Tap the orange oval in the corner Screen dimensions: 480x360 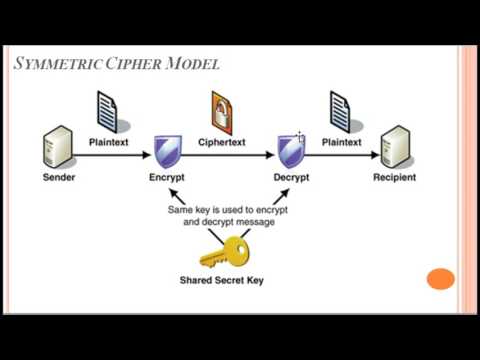coord(440,279)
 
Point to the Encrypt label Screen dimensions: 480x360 coord(167,177)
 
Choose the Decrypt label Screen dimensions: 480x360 coord(291,177)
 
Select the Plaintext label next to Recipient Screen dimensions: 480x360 coord(343,142)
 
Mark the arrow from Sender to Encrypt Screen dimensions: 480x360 coord(111,156)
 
